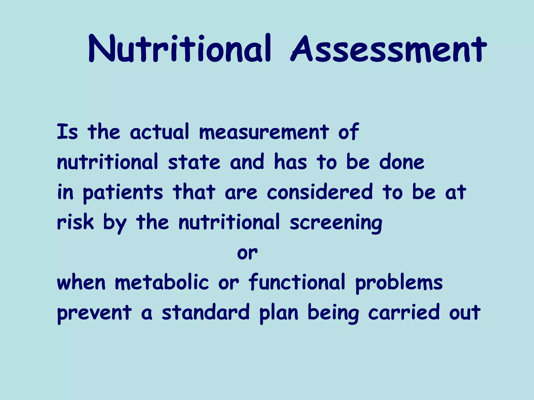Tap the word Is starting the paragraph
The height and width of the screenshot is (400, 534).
pos(67,132)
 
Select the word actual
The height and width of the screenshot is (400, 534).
pos(159,132)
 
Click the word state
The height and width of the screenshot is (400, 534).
pos(194,162)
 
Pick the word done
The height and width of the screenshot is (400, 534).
pos(402,162)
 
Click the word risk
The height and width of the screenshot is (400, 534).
pos(75,222)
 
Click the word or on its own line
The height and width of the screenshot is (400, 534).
pos(247,253)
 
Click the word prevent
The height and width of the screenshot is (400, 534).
pos(94,313)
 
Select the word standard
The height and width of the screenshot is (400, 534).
pos(206,312)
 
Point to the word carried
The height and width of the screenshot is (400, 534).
pos(404,312)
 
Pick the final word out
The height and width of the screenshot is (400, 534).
pos(465,313)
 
